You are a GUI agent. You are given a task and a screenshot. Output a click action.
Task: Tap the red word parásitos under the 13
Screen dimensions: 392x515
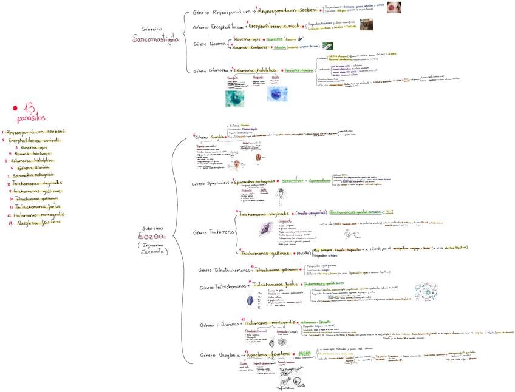tap(31, 118)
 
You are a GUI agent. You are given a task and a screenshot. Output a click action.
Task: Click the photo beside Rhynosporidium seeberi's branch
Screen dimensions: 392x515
tap(394, 7)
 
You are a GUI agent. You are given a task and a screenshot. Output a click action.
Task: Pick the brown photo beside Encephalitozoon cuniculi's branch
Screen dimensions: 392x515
tap(367, 25)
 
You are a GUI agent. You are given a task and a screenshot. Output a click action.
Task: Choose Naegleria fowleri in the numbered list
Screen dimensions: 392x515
tap(43, 223)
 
